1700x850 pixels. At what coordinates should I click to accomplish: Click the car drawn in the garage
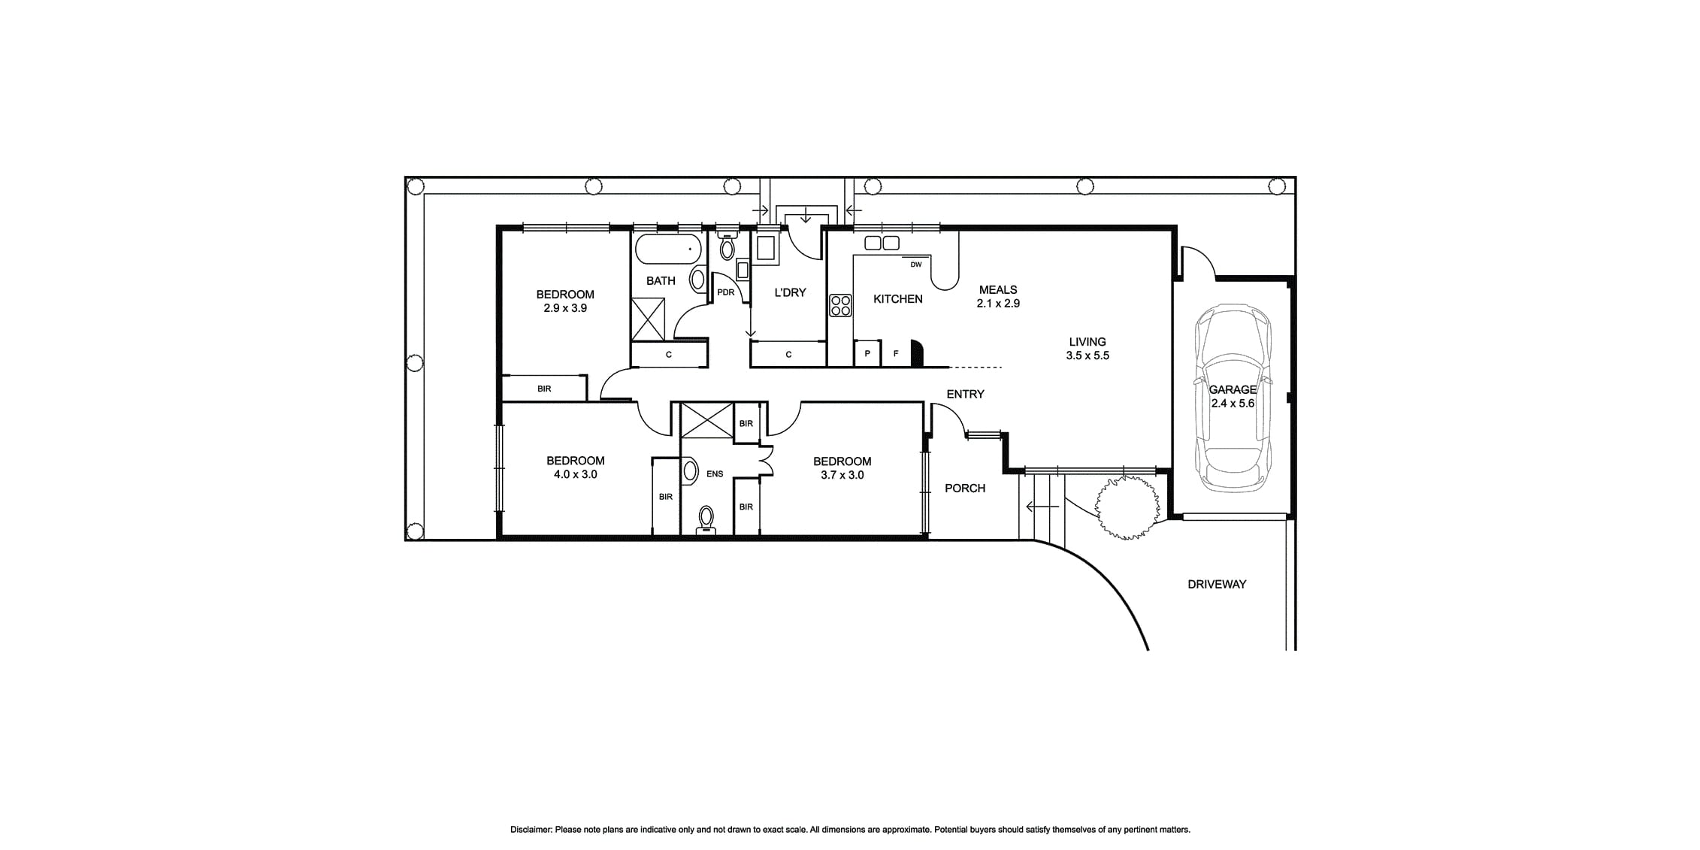[1233, 398]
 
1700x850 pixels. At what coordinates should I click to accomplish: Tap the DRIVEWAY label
[1217, 584]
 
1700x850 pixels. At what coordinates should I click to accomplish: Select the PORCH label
[965, 489]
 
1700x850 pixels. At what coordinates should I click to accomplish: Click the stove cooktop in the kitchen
[840, 305]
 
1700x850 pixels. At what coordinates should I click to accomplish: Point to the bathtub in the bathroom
[668, 249]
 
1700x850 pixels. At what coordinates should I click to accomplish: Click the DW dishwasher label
[915, 265]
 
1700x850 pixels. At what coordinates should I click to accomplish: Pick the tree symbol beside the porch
[1125, 507]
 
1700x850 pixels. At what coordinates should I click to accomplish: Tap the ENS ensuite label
[715, 474]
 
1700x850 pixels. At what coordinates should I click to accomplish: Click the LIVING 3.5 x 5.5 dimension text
[1087, 355]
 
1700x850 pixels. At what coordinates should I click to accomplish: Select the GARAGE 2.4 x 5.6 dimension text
[1233, 403]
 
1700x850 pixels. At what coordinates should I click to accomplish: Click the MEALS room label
[998, 289]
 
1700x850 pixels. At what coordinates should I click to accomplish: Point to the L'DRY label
[790, 292]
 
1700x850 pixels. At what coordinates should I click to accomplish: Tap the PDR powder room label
[725, 292]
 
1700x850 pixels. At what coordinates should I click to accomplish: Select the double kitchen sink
[882, 243]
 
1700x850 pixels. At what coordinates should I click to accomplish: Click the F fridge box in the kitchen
[896, 353]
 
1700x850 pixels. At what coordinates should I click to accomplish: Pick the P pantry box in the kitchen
[867, 353]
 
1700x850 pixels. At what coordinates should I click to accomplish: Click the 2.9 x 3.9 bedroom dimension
[565, 308]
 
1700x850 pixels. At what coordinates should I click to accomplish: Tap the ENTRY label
[965, 394]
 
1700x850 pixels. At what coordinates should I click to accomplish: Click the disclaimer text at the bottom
[850, 830]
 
